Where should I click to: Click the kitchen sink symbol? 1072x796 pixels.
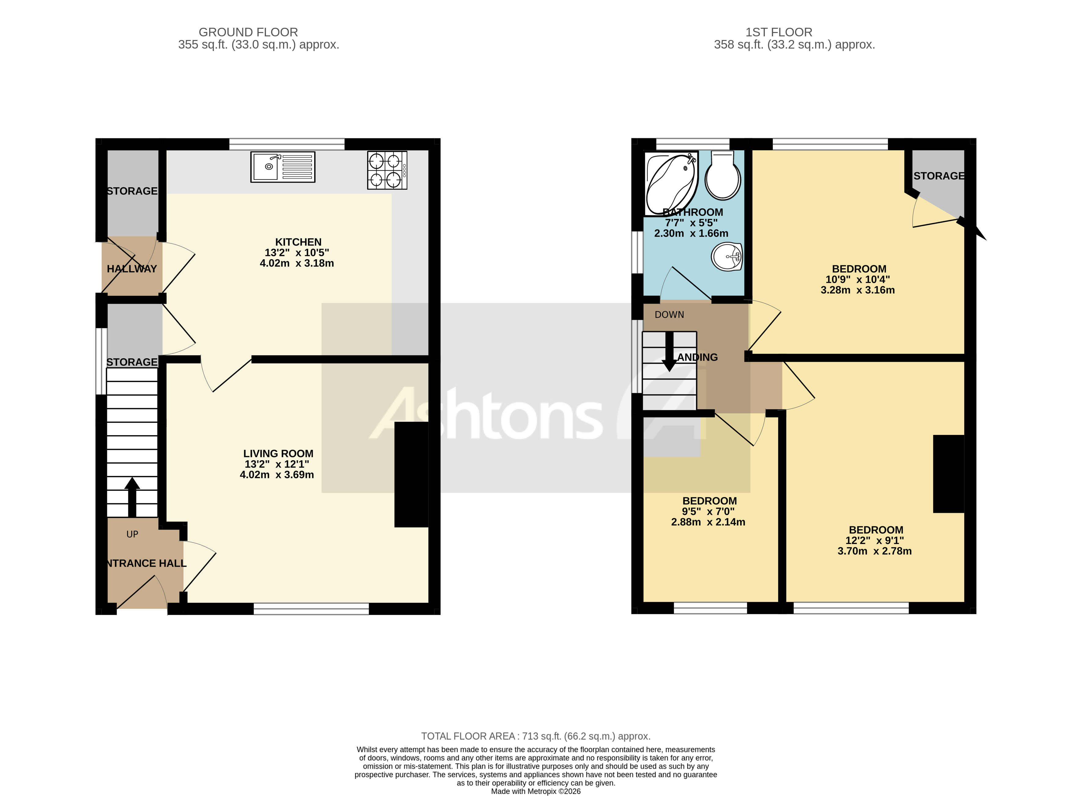pos(282,167)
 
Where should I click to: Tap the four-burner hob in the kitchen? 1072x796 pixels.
pos(387,170)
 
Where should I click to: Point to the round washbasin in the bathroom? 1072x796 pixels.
pos(726,257)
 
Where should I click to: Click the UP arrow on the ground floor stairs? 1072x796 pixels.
pos(132,497)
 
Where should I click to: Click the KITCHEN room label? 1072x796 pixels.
pos(298,242)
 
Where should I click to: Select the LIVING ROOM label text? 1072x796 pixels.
pos(278,453)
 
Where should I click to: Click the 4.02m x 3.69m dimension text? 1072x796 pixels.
pos(277,475)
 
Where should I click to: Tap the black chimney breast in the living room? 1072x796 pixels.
pos(411,475)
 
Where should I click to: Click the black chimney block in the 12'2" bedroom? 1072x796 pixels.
pos(948,474)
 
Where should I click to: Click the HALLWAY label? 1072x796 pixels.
pos(132,269)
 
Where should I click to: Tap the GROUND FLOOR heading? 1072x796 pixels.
pos(248,32)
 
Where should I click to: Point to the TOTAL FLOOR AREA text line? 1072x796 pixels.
pos(535,736)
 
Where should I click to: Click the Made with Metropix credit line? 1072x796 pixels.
pos(535,791)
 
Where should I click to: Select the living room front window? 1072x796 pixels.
pos(311,609)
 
